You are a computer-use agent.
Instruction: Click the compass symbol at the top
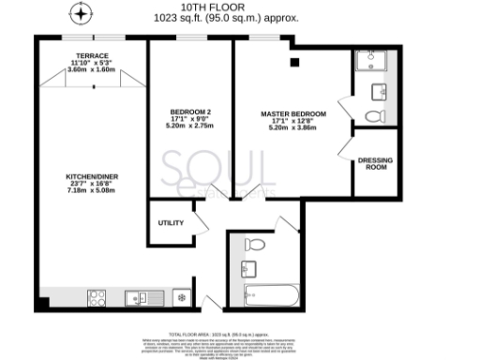[82, 14]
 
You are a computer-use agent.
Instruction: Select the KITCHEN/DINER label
[91, 176]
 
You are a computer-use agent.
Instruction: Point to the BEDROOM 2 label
[189, 111]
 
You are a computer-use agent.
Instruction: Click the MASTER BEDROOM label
[293, 113]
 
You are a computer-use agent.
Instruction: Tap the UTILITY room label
[169, 222]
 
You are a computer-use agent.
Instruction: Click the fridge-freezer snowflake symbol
[182, 298]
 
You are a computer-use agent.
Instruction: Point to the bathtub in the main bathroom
[271, 297]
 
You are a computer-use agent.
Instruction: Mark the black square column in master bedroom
[294, 62]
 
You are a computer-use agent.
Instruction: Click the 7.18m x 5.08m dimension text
[91, 191]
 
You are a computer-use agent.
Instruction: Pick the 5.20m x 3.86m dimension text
[293, 127]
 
